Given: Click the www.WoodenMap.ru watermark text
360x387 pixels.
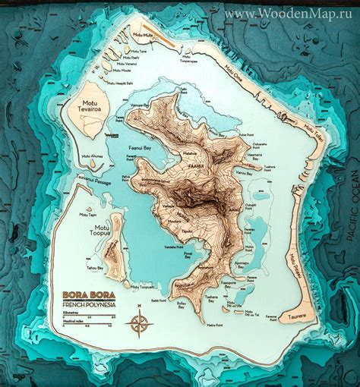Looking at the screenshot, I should [x=289, y=14].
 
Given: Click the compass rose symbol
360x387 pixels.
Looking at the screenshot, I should [x=141, y=323].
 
